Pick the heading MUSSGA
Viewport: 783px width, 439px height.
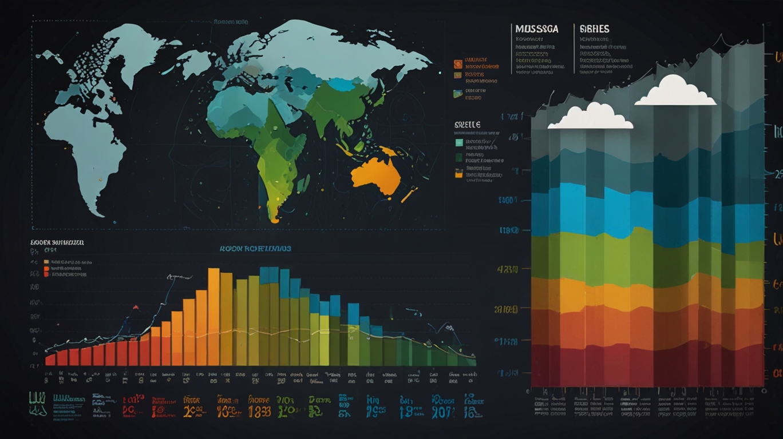pyautogui.click(x=536, y=29)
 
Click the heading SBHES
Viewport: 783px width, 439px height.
pyautogui.click(x=594, y=29)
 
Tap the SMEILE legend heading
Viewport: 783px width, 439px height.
pyautogui.click(x=467, y=125)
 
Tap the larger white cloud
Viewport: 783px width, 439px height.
pyautogui.click(x=675, y=91)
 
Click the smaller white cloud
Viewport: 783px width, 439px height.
pyautogui.click(x=591, y=117)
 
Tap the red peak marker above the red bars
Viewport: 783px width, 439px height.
pyautogui.click(x=136, y=308)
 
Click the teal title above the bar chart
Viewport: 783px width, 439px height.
pyautogui.click(x=255, y=249)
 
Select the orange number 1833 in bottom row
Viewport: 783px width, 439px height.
pyautogui.click(x=259, y=411)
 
